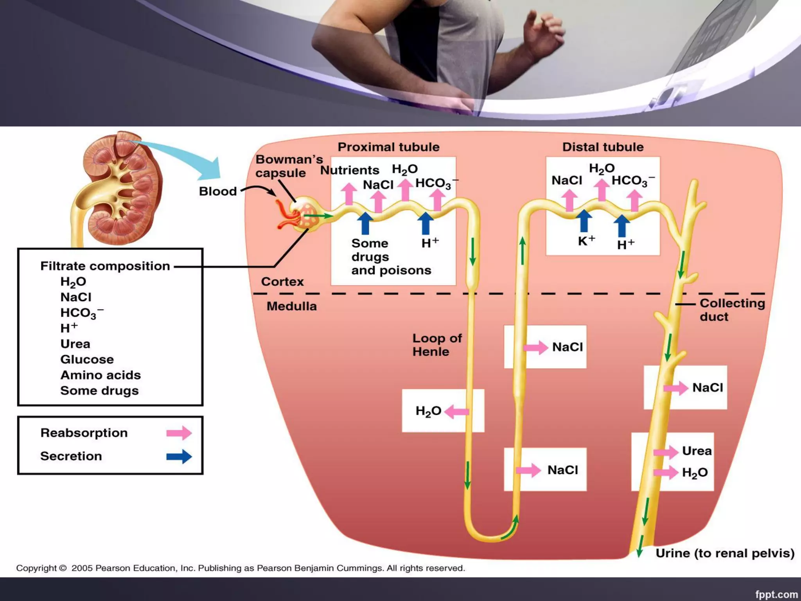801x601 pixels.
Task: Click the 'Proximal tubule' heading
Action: pos(388,147)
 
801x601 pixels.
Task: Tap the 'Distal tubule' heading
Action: pos(603,147)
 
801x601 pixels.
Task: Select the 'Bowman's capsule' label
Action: pos(289,166)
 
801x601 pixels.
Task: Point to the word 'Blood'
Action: pos(218,191)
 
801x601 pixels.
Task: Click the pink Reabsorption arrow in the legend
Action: pos(179,433)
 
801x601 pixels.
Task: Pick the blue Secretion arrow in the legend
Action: pos(179,456)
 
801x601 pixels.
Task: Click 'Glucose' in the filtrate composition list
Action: pos(87,359)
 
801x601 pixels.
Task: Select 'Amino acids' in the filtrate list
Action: pos(101,375)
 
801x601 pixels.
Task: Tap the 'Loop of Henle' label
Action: pos(436,345)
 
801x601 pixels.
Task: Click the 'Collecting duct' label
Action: pos(732,309)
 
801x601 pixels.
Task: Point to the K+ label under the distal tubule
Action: pos(586,241)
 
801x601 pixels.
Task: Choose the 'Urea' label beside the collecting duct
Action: pos(697,451)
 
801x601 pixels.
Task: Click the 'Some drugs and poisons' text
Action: pos(390,257)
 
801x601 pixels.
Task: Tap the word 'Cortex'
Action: pos(282,282)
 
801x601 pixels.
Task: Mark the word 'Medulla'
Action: pos(291,306)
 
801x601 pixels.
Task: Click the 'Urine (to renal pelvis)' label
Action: pos(725,553)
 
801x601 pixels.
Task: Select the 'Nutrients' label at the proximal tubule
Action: pos(350,170)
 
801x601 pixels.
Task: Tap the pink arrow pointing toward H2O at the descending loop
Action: pos(456,412)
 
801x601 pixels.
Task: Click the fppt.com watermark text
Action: pos(776,594)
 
